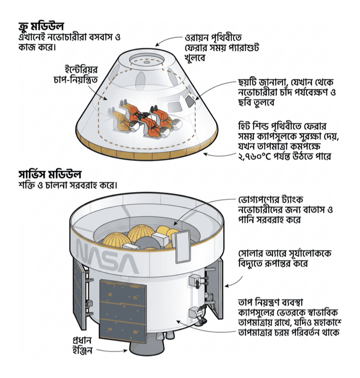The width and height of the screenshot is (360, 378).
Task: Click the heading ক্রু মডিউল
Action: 41,26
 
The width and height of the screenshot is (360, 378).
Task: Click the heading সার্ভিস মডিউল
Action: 50,174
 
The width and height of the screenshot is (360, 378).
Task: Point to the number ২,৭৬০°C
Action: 254,157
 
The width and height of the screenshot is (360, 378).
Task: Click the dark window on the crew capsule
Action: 190,101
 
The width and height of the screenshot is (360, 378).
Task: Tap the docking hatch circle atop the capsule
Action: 147,60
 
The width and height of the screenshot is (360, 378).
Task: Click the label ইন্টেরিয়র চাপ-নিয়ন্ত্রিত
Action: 76,75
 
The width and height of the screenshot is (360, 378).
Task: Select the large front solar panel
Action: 123,312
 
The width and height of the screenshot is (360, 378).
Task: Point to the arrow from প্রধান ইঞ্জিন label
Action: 112,350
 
